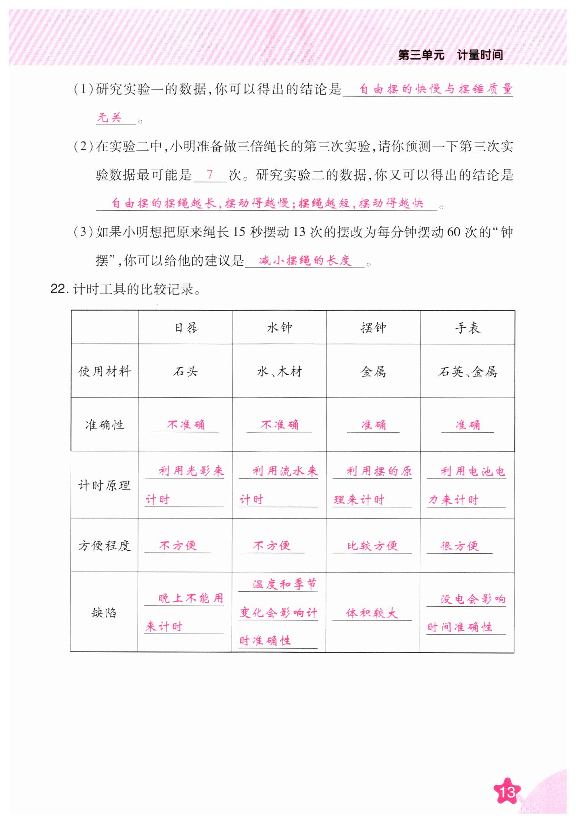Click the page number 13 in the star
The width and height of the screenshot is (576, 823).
point(507,791)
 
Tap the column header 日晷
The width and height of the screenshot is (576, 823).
point(186,328)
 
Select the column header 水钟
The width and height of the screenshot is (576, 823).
point(279,328)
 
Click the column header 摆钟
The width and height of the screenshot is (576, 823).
point(373,328)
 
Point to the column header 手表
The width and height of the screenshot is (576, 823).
point(467,328)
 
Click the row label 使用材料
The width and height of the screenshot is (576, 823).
point(105,371)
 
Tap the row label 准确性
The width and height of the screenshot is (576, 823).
point(105,425)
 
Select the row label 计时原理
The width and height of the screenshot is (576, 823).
point(104,485)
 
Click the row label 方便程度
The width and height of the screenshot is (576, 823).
point(104,546)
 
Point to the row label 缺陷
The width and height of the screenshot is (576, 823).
point(104,613)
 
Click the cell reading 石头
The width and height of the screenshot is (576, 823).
point(186,371)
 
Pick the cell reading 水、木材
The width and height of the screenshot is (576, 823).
point(279,371)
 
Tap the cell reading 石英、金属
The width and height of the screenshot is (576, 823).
point(467,372)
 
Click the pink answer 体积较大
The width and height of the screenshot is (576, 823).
point(372,613)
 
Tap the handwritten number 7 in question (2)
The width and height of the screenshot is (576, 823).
point(210,175)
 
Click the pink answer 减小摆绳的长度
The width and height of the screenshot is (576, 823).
point(305,260)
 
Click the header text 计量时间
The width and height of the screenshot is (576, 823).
point(479,55)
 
